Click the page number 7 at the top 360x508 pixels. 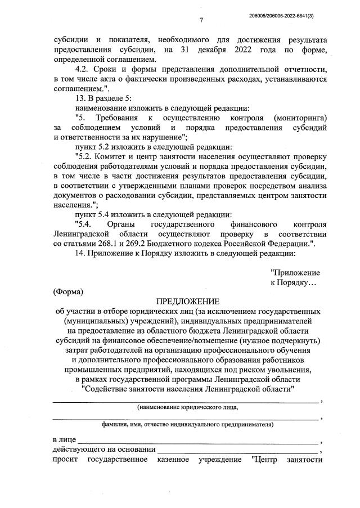(201, 21)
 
